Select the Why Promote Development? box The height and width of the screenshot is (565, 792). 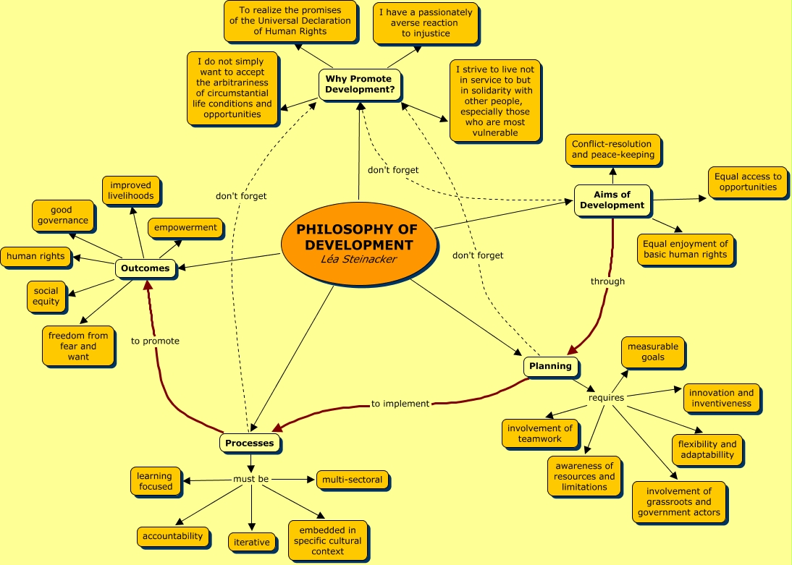[360, 85]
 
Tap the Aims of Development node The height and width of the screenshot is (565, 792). [612, 200]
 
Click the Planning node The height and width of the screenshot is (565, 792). [550, 366]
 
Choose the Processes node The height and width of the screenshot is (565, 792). [250, 443]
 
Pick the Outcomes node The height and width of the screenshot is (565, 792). [146, 268]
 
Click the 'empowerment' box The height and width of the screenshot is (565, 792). [185, 228]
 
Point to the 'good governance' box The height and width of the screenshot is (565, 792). [62, 216]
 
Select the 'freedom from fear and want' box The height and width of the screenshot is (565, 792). [78, 346]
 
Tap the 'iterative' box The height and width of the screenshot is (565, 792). [251, 543]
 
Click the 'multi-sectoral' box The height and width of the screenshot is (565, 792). [352, 480]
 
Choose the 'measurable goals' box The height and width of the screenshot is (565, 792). [652, 352]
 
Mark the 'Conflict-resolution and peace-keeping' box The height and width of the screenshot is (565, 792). [612, 150]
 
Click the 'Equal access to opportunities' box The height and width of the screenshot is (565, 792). [748, 182]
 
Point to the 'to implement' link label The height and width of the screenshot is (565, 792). [400, 404]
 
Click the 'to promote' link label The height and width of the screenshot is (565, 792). [155, 341]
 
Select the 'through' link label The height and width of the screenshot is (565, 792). [607, 281]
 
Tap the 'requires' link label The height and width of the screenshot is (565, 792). [606, 398]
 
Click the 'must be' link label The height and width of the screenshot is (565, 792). [251, 479]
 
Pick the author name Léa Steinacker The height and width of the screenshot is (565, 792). [358, 259]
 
